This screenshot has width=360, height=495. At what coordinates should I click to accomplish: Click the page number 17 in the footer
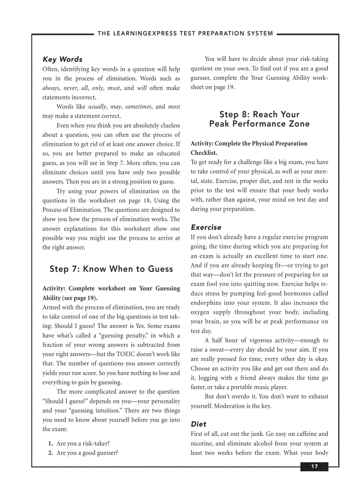(314, 467)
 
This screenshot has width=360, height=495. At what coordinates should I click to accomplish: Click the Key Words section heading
(62, 59)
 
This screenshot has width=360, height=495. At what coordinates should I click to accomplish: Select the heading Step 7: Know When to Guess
(111, 269)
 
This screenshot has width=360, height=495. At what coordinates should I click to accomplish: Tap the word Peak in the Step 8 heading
(220, 124)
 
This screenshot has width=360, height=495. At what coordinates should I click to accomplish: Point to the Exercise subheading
(206, 227)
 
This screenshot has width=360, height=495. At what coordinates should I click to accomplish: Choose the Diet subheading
(199, 424)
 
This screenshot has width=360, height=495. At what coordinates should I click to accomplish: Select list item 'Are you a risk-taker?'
(83, 443)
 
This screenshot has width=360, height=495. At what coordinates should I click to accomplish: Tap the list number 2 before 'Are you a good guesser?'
(51, 453)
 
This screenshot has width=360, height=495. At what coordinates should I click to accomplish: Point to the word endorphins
(206, 303)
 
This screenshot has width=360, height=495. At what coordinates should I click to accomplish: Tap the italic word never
(71, 88)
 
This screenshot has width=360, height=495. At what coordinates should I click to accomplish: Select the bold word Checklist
(204, 153)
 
